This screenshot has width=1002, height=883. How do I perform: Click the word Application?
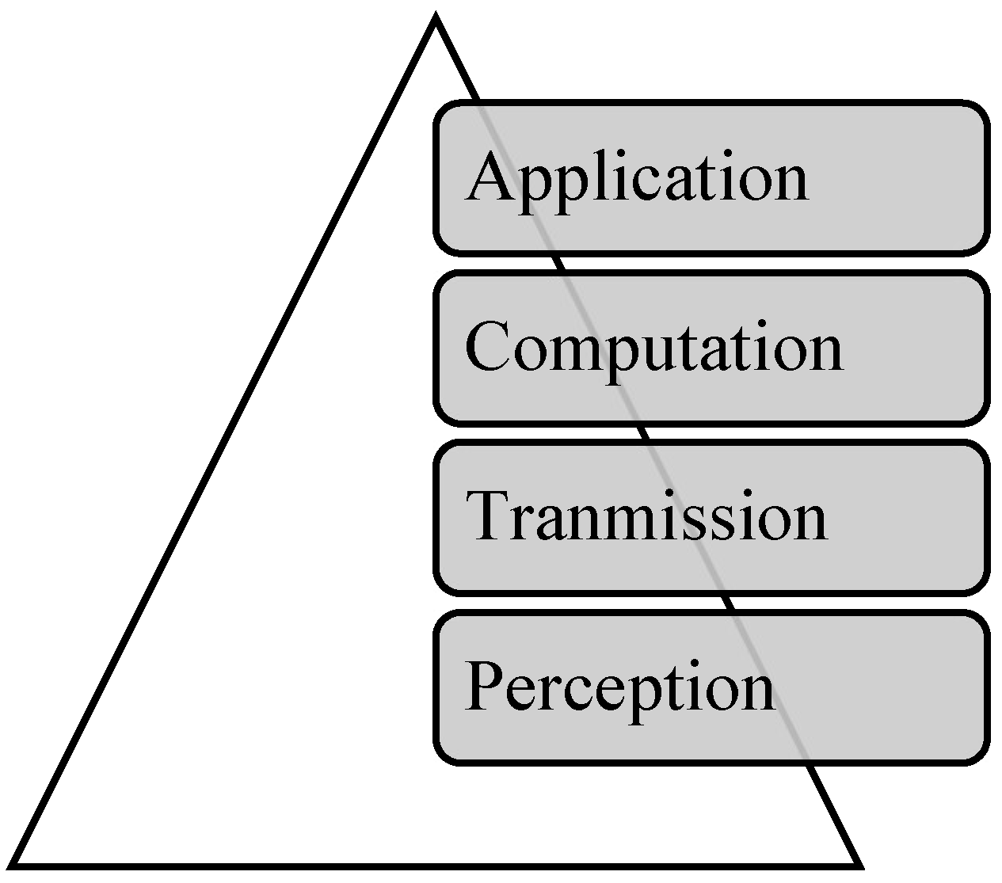[636, 178]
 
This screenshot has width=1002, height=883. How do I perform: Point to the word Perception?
[619, 686]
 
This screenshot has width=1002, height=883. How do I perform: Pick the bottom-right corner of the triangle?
[858, 862]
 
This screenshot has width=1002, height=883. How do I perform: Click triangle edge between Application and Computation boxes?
[561, 264]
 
